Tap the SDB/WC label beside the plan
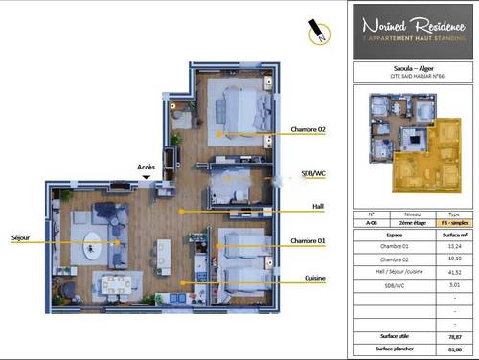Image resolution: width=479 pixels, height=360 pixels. [314, 173]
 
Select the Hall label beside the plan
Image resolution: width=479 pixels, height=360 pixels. [318, 206]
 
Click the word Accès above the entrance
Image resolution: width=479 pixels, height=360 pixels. [146, 167]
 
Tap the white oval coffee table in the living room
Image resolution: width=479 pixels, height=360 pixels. [96, 239]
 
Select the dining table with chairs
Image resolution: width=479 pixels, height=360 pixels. [117, 284]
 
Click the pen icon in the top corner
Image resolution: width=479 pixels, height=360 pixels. [315, 31]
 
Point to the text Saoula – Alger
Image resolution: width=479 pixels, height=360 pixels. [414, 68]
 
